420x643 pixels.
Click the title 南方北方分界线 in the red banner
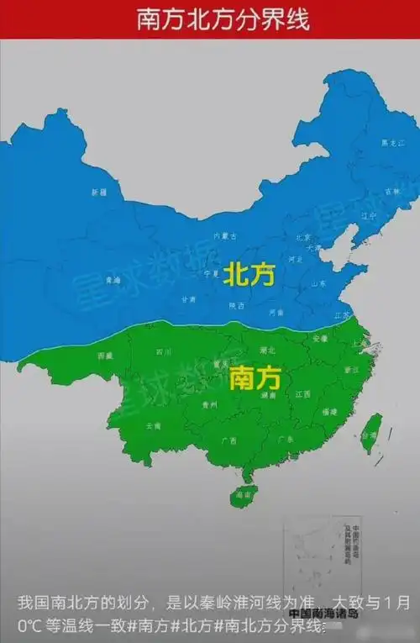[x=210, y=19]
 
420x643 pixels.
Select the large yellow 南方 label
[x=253, y=379]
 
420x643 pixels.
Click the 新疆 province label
[x=99, y=192]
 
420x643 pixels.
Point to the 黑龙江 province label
[x=389, y=143]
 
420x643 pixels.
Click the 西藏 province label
[x=105, y=356]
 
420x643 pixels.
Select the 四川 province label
[x=163, y=352]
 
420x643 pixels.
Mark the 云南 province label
[x=154, y=427]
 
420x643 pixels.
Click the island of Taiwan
[x=370, y=433]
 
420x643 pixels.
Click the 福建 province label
[x=329, y=412]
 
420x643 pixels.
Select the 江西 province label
[x=303, y=393]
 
